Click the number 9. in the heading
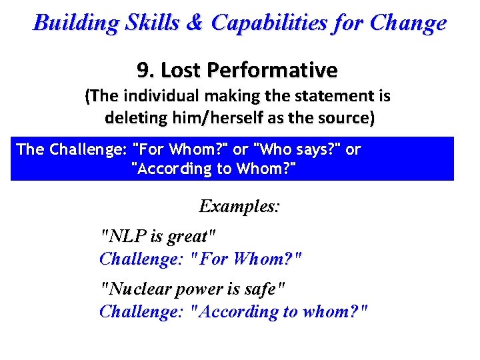(x=147, y=70)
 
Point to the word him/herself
(x=177, y=119)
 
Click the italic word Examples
(x=239, y=206)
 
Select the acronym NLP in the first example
(x=121, y=236)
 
